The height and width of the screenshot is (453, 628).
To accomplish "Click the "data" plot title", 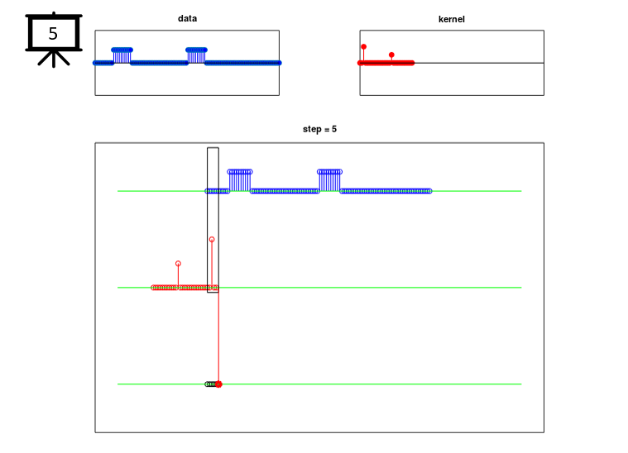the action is click(187, 18).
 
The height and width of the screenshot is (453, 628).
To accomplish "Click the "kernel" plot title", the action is click(452, 19).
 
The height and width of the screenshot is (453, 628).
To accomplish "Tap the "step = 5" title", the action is click(319, 129).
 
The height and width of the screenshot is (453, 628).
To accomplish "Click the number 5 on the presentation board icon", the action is click(53, 34).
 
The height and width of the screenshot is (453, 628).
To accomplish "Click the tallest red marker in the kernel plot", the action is click(364, 47).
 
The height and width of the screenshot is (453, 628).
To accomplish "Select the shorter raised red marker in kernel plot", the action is click(391, 55).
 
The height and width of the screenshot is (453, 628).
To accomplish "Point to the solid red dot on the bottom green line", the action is click(218, 384).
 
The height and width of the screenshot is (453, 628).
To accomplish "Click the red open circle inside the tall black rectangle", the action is click(212, 239).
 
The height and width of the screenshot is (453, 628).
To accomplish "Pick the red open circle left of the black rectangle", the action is click(178, 264).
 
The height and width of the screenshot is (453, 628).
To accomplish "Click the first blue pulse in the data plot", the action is click(122, 55).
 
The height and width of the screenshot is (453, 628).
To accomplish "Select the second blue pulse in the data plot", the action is click(196, 55).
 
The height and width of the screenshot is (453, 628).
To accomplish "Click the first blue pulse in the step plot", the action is click(240, 180).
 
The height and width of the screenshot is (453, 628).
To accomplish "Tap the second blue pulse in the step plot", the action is click(329, 180).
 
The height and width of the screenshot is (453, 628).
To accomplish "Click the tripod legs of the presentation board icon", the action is click(54, 59).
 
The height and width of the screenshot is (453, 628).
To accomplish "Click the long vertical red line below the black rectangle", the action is click(218, 337).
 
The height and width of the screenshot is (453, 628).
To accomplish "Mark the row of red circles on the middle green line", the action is click(185, 288).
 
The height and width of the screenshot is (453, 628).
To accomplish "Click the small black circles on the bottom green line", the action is click(210, 384).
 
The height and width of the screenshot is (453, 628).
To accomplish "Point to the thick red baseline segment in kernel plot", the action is click(386, 63).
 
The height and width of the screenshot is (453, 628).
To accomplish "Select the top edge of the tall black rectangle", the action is click(213, 148).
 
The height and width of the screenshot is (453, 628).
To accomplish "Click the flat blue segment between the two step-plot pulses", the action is click(285, 191).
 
